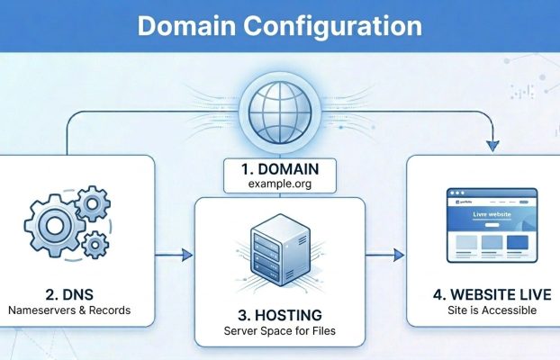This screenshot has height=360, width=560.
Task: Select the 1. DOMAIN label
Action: (x=279, y=168)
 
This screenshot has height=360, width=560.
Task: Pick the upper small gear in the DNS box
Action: (x=93, y=205)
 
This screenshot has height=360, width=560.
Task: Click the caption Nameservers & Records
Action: (x=68, y=310)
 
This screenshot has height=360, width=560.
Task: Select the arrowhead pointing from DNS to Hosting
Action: (x=186, y=256)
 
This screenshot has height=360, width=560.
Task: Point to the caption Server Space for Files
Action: (x=279, y=331)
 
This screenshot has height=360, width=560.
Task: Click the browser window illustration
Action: (x=492, y=228)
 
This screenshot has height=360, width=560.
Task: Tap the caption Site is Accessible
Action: (x=491, y=310)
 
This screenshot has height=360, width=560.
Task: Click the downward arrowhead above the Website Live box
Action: (x=491, y=144)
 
